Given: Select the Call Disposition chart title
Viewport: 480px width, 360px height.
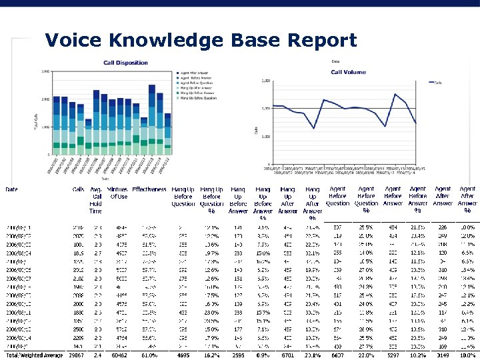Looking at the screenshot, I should point(125,63).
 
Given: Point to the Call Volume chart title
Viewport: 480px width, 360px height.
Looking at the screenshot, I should point(348,72).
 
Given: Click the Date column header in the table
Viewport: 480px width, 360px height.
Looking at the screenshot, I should point(12,189).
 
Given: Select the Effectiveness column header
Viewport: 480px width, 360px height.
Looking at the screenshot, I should point(149,189).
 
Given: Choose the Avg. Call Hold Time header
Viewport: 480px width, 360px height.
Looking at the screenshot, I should point(96,199).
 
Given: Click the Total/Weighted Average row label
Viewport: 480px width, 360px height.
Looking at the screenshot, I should point(34,356).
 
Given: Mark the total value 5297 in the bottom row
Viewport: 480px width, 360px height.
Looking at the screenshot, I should point(392,356).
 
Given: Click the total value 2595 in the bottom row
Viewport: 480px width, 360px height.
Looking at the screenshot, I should point(238,356).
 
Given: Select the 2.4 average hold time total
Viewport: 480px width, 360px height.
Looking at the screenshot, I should point(97,356).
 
